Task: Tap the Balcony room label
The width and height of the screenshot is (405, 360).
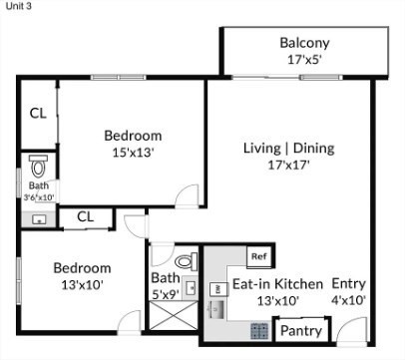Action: [304, 44]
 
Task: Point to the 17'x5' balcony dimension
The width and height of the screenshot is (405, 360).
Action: [304, 60]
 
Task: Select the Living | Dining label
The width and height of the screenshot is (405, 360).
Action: [288, 149]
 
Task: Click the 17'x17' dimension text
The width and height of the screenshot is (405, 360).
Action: [288, 166]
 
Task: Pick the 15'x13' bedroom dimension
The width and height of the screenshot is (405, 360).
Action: [134, 154]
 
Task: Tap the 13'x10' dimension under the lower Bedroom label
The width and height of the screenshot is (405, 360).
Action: [82, 285]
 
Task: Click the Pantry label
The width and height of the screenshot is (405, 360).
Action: [296, 330]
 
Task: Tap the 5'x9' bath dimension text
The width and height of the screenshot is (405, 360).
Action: [165, 294]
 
